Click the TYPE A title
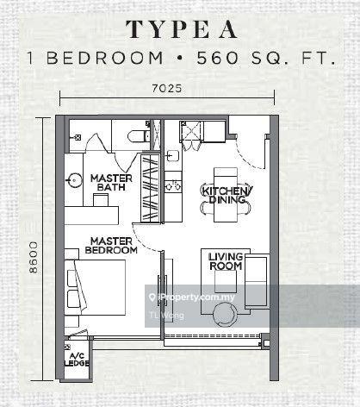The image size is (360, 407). pyautogui.click(x=182, y=29)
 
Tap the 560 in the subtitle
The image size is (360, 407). pyautogui.click(x=217, y=58)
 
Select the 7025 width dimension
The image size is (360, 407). pyautogui.click(x=167, y=88)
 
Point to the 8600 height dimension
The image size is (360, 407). pyautogui.click(x=34, y=257)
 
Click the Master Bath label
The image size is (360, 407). pyautogui.click(x=111, y=183)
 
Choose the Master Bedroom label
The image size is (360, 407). pyautogui.click(x=111, y=246)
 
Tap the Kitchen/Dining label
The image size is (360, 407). pyautogui.click(x=227, y=195)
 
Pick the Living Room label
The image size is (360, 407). pyautogui.click(x=226, y=261)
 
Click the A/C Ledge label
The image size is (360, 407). pyautogui.click(x=77, y=360)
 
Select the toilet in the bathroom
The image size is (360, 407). pyautogui.click(x=139, y=136)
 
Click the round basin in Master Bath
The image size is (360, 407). pyautogui.click(x=74, y=180)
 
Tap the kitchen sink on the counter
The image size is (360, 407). pyautogui.click(x=172, y=156)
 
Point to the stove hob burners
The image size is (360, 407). pyautogui.click(x=173, y=185)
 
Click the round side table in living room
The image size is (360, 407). pyautogui.click(x=225, y=315)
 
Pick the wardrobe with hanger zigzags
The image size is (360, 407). pyautogui.click(x=150, y=188)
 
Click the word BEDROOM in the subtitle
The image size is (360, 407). pyautogui.click(x=105, y=58)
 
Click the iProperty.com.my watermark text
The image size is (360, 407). pyautogui.click(x=192, y=297)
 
